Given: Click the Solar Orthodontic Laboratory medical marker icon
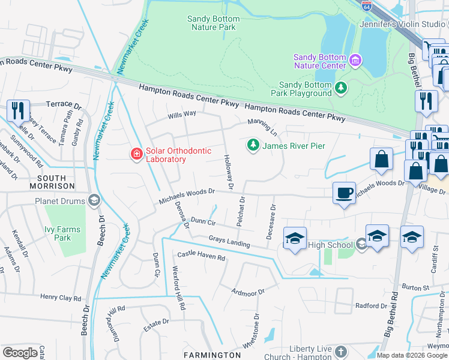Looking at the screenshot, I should coord(137,155).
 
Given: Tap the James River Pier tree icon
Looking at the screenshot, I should coord(253,145).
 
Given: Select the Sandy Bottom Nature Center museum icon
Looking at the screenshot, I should coord(355,61).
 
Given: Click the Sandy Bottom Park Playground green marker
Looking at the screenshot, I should coord(341,89).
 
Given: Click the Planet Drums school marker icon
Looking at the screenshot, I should coord(94,201).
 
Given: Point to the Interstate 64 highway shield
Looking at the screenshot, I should coord(367,5).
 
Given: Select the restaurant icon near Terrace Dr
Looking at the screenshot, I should coord(18,110).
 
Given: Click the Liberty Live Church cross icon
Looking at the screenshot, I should coord(341,352).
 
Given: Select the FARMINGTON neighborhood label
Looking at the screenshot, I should coord(212,355).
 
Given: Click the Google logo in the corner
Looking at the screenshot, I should coord(20,353).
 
